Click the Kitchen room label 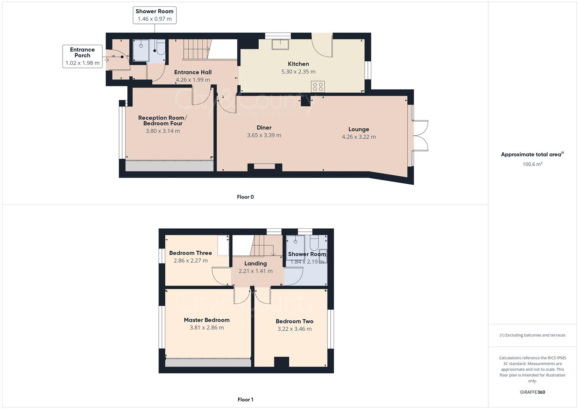click(x=298, y=64)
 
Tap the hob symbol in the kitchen click(x=318, y=87)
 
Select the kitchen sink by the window click(x=280, y=44)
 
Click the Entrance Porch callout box click(x=82, y=56)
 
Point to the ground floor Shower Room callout click(x=154, y=15)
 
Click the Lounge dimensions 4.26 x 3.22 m click(x=359, y=137)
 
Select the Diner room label click(x=264, y=128)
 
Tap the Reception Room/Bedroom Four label click(x=163, y=120)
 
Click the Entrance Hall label click(x=193, y=72)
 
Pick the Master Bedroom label click(x=207, y=320)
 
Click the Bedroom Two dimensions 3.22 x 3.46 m click(x=295, y=329)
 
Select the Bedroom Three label click(x=190, y=253)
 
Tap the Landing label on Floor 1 click(x=256, y=264)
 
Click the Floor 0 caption click(x=245, y=197)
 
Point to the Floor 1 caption click(x=245, y=400)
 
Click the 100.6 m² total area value click(x=532, y=164)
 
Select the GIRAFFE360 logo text click(x=532, y=392)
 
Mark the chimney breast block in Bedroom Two click(x=281, y=362)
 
